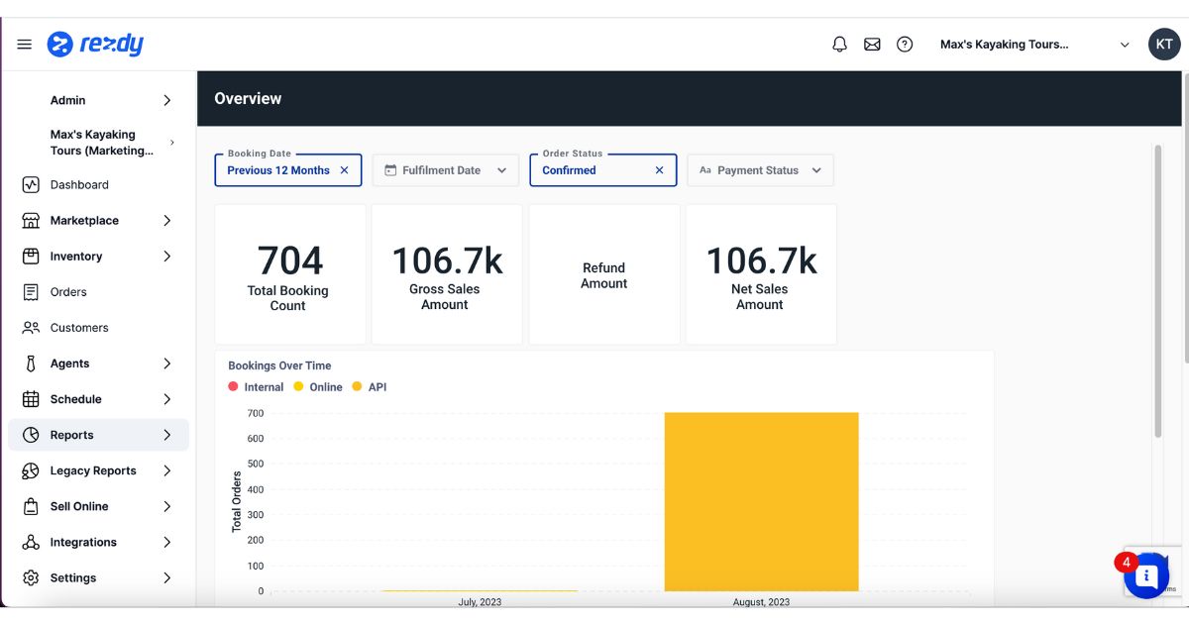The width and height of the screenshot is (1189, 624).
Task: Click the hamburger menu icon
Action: pos(25,45)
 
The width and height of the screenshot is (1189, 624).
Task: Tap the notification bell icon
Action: pos(839,45)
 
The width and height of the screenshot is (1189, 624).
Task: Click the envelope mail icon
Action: pos(872,45)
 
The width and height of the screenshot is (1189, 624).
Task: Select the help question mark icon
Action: pos(905,45)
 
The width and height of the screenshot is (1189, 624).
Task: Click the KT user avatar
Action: pos(1164,45)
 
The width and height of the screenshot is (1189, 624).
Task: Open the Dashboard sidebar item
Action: pos(79,185)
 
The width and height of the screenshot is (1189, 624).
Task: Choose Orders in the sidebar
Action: pos(68,292)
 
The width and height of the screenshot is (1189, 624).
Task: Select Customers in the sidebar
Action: pos(79,328)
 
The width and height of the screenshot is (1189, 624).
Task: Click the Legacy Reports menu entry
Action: pos(93,470)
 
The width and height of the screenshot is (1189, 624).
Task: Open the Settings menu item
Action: pos(73,577)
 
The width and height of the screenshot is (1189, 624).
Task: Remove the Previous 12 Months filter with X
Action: pos(345,170)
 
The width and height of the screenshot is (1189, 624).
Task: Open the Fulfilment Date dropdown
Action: pos(445,170)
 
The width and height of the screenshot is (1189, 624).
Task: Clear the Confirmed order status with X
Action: pos(660,170)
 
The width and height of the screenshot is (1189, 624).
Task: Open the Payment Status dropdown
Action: pos(760,170)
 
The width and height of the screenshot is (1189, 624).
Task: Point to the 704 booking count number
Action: pos(290,260)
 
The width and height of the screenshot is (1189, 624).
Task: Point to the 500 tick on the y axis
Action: pos(255,464)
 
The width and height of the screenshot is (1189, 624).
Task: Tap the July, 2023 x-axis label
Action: pos(480,602)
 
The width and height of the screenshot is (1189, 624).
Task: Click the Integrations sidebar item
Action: pos(83,542)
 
